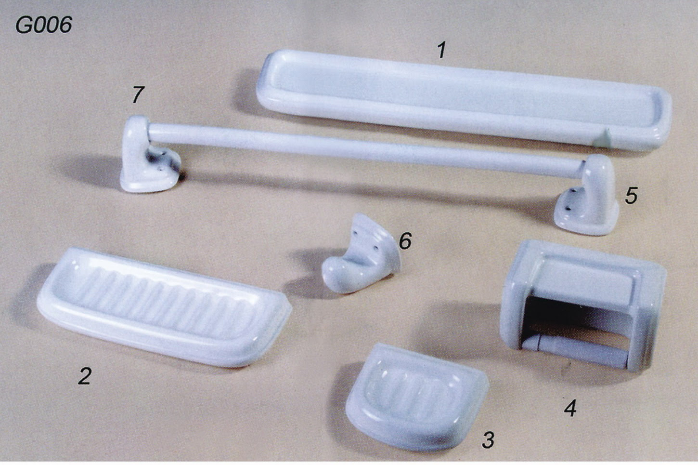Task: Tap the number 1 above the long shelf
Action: (x=441, y=51)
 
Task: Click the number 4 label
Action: (x=570, y=408)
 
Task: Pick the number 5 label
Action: (x=631, y=195)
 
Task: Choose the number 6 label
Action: (x=405, y=241)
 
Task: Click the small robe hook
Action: (x=362, y=253)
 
